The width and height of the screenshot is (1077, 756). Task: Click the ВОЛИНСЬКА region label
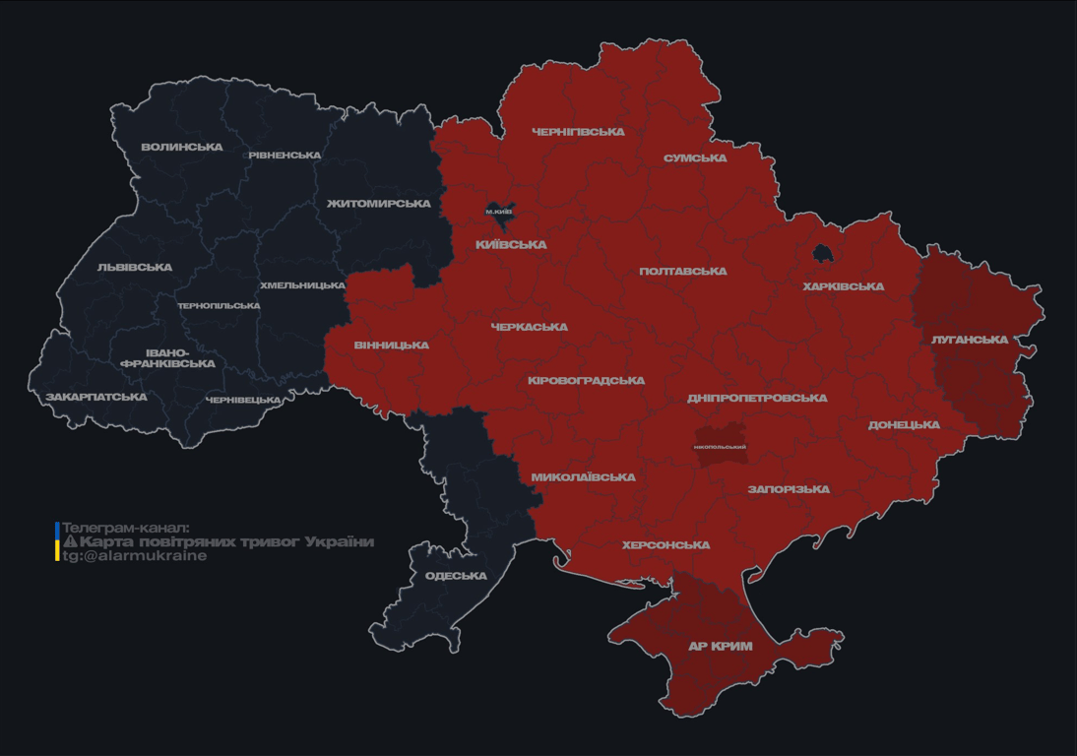(x=181, y=147)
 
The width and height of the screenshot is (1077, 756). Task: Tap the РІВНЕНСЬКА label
(x=284, y=156)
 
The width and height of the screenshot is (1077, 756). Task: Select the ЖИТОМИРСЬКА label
(x=378, y=204)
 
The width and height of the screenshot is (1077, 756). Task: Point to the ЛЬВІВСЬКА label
(x=135, y=267)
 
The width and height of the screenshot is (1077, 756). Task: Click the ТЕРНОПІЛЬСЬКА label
(x=219, y=305)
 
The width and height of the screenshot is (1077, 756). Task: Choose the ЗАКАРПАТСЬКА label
(x=95, y=397)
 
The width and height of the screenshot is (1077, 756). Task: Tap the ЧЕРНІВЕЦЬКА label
(x=243, y=400)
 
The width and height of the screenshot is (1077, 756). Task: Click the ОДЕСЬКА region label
(x=456, y=576)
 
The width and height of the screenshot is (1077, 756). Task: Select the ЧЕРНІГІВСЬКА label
(x=578, y=131)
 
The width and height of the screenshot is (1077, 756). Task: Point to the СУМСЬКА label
(x=695, y=157)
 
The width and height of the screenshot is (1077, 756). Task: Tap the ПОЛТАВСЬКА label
(x=683, y=271)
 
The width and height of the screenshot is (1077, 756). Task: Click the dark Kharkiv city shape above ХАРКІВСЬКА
(x=822, y=254)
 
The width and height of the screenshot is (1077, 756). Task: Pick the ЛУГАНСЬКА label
(x=970, y=340)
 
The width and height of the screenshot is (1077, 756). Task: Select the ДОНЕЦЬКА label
(x=904, y=425)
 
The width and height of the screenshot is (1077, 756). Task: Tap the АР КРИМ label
(x=720, y=647)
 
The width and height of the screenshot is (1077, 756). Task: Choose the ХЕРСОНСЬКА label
(x=665, y=545)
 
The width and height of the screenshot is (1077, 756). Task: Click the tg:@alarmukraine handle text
(x=135, y=555)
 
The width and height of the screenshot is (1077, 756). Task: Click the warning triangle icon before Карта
(x=69, y=541)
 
